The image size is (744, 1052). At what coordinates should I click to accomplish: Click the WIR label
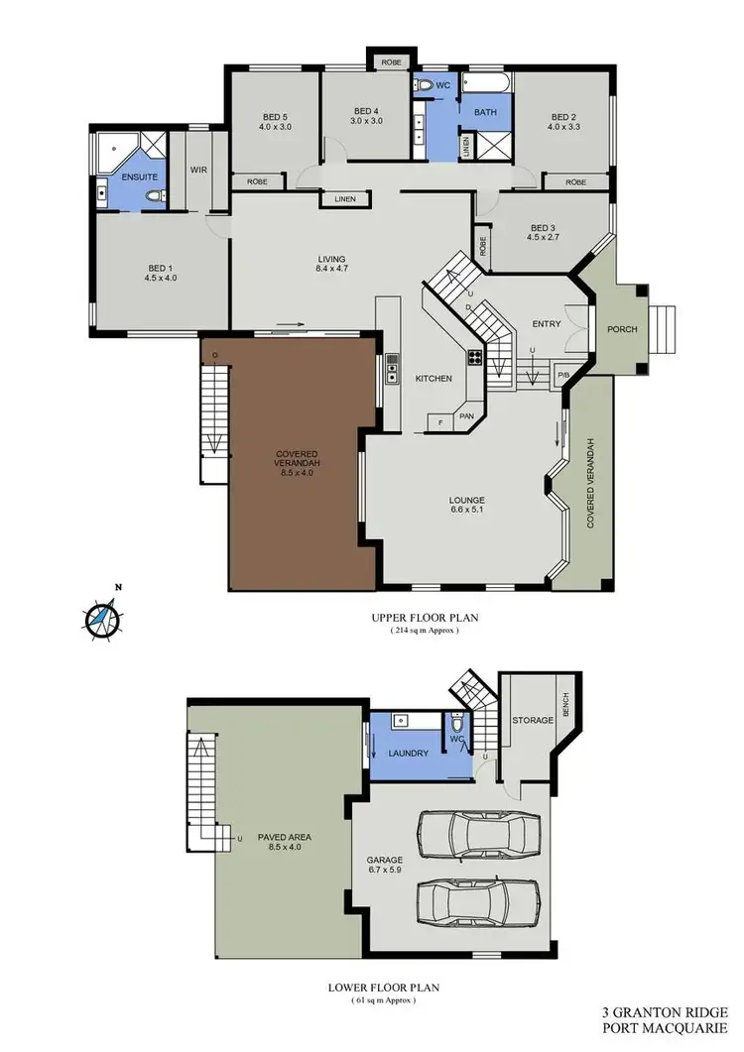pyautogui.click(x=198, y=170)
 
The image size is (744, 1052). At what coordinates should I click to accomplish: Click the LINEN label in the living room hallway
pyautogui.click(x=344, y=199)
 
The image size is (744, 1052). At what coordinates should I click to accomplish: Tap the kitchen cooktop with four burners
pyautogui.click(x=475, y=360)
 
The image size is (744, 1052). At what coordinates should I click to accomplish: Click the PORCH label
pyautogui.click(x=622, y=330)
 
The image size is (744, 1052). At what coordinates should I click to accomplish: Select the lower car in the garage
pyautogui.click(x=478, y=905)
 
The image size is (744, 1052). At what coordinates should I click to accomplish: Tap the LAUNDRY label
pyautogui.click(x=409, y=754)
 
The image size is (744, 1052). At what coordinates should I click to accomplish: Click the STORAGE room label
pyautogui.click(x=532, y=720)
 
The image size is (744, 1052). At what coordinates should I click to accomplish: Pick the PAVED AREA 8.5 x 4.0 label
pyautogui.click(x=286, y=842)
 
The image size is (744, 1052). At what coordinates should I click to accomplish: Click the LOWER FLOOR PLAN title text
pyautogui.click(x=382, y=988)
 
